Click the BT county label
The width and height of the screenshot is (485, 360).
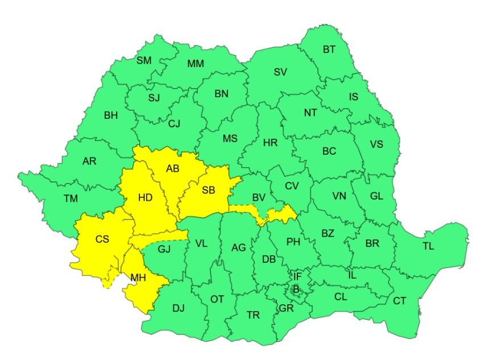point(329,49)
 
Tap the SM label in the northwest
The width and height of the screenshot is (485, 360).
point(144,61)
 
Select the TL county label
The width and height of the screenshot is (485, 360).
point(428,246)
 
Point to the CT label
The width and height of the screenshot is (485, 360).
point(400,301)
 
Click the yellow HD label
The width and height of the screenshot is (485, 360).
point(146,198)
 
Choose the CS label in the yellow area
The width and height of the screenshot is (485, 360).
point(102,239)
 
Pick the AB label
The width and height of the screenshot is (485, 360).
point(173,169)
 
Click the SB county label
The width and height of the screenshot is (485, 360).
point(208,191)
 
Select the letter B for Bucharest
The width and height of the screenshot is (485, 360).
point(296,289)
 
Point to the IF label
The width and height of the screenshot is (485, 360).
point(297,277)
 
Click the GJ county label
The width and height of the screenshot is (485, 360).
point(164,249)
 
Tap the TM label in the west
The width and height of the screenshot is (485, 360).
point(71,198)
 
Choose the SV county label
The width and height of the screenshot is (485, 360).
point(280,72)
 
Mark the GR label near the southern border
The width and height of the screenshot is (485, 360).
point(286,309)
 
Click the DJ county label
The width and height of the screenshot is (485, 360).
point(179,309)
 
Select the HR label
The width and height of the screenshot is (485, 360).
point(271,143)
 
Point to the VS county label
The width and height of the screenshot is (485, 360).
point(376,144)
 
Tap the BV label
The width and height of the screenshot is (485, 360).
point(259,198)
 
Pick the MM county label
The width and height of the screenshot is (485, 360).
point(196,64)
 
